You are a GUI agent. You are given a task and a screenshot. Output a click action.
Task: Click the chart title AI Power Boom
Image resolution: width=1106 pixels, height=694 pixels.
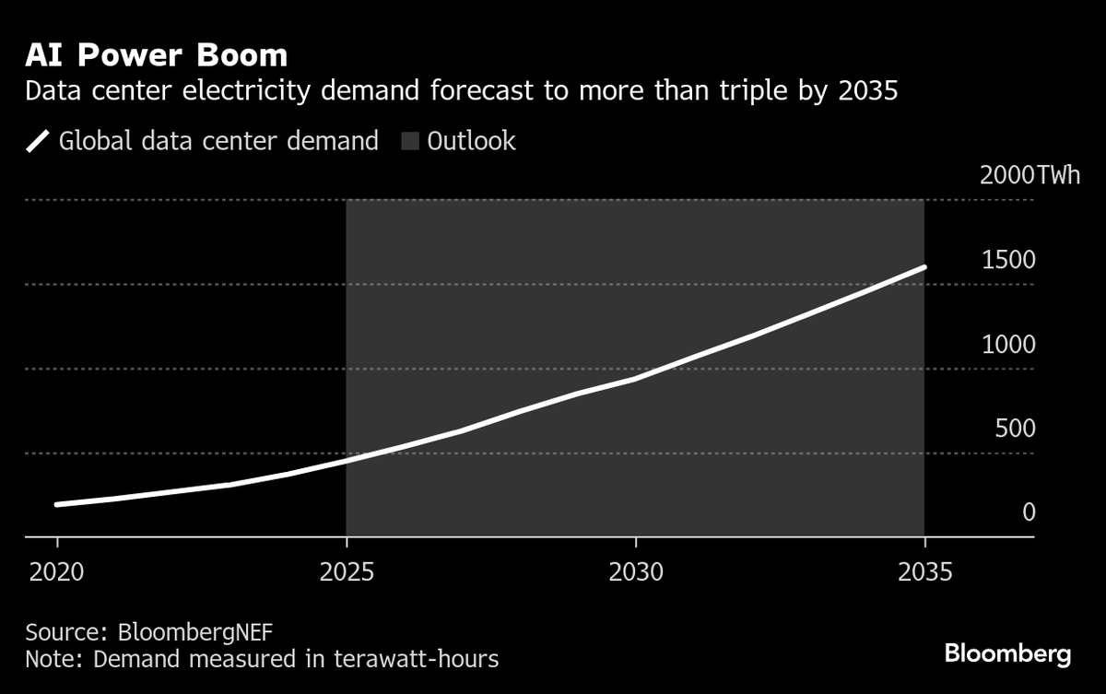(x=157, y=55)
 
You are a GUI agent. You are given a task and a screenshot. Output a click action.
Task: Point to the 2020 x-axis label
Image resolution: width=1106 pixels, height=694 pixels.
(x=57, y=572)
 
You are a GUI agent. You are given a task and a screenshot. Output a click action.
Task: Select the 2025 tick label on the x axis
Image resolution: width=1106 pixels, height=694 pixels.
(x=346, y=572)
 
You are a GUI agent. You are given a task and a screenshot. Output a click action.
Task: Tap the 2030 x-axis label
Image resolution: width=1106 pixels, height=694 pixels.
(x=636, y=572)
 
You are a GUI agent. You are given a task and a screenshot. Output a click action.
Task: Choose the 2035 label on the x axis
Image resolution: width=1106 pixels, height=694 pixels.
(x=924, y=572)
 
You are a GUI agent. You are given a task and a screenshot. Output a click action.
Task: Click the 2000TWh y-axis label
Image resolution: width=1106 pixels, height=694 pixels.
(x=1030, y=176)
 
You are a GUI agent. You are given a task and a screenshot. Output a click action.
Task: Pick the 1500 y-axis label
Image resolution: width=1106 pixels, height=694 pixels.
(x=1008, y=261)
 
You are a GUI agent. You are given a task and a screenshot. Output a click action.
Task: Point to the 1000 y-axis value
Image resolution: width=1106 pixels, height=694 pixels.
(x=1008, y=345)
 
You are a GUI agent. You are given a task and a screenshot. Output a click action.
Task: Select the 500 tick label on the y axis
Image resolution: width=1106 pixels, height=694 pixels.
(x=1015, y=429)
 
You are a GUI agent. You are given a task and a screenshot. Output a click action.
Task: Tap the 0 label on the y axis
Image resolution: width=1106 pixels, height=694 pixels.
(x=1029, y=512)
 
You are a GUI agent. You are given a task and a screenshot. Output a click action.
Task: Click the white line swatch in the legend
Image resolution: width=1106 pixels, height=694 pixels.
(x=38, y=142)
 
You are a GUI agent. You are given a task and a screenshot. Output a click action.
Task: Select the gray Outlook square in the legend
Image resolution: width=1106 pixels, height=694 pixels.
(x=410, y=142)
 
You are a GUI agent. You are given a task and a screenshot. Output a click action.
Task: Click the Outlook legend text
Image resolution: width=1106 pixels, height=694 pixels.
(x=471, y=142)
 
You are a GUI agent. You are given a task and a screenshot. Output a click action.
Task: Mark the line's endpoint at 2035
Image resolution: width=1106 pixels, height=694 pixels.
(x=924, y=267)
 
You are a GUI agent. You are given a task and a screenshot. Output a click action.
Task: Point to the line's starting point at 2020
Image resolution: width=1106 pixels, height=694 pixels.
(x=57, y=505)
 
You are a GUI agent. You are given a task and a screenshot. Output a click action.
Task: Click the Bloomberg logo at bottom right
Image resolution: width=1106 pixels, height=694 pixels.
(x=1007, y=654)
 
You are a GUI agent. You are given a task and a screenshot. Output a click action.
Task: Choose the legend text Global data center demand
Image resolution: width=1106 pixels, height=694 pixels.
(x=218, y=142)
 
